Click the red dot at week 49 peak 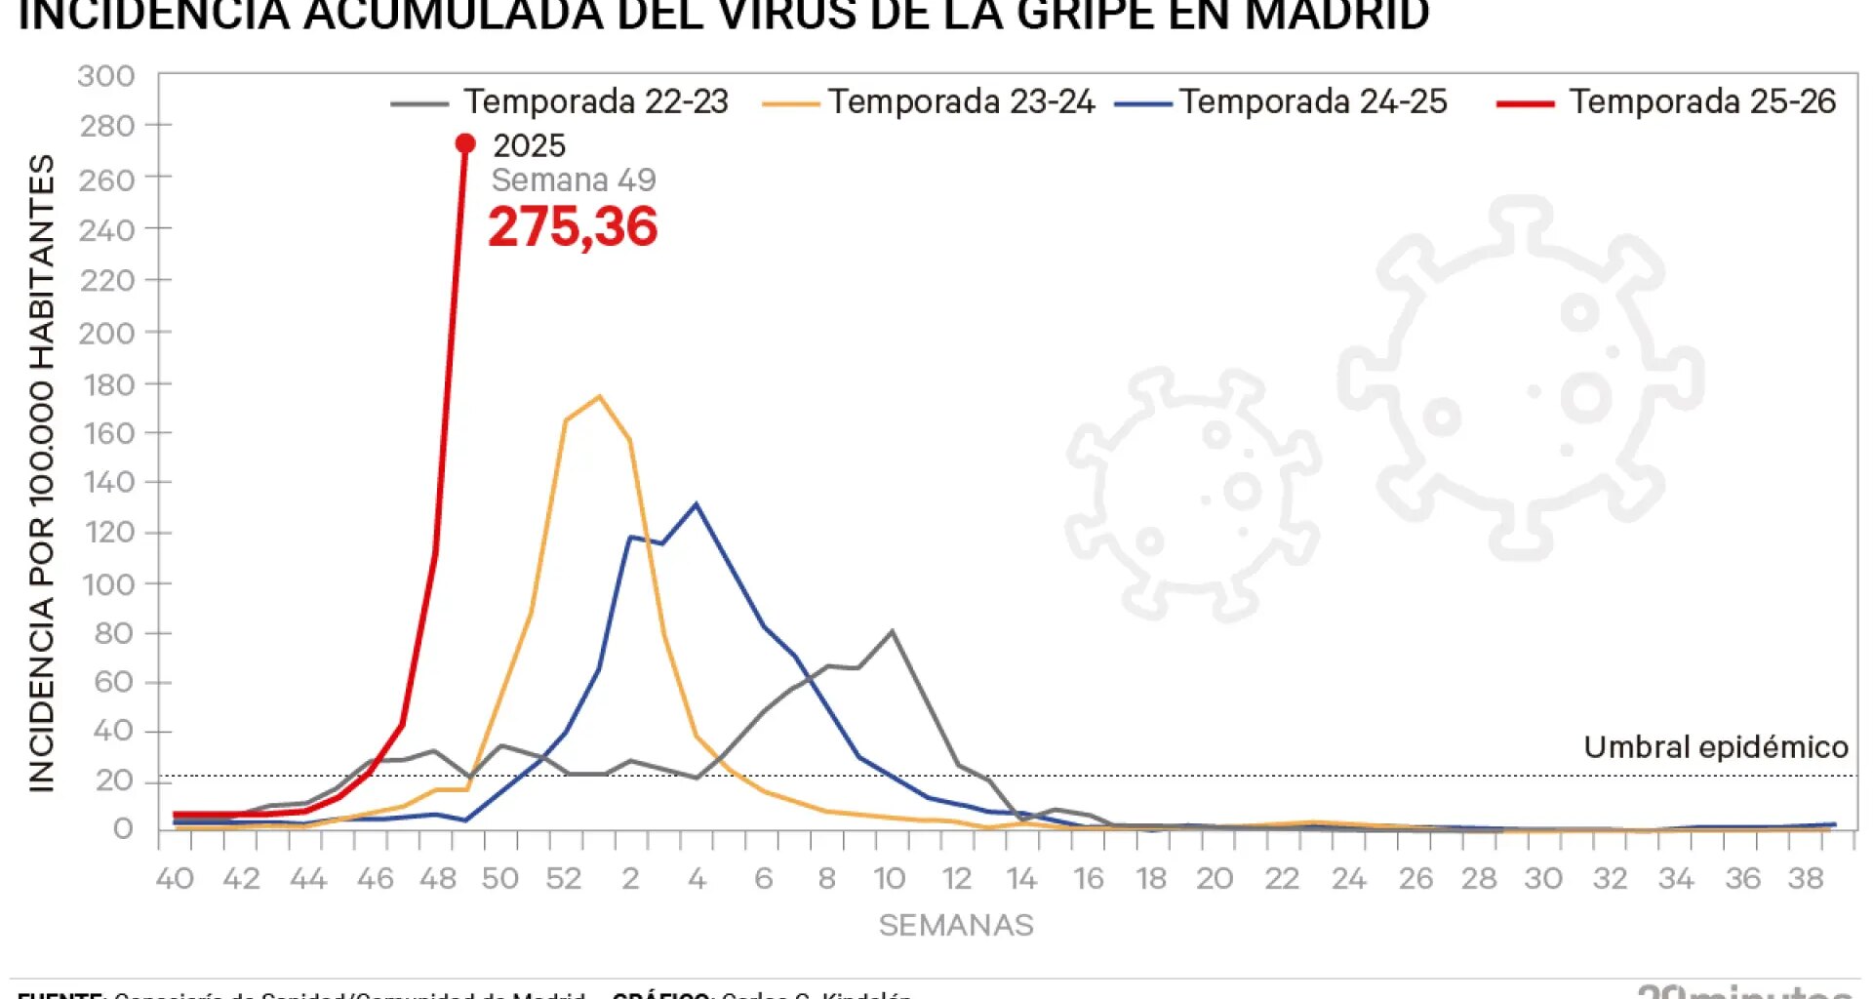(x=465, y=143)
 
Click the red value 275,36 (x=573, y=226)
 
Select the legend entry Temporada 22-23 (x=595, y=101)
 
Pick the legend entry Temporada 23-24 (x=961, y=101)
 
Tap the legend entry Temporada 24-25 (x=1312, y=101)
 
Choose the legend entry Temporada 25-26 (x=1701, y=101)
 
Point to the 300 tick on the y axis (x=106, y=76)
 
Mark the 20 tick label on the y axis (x=114, y=780)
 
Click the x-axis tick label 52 (x=564, y=879)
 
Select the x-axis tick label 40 (x=175, y=879)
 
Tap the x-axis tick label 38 (x=1806, y=879)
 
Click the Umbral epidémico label (x=1715, y=747)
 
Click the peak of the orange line (x=598, y=396)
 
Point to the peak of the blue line (x=696, y=504)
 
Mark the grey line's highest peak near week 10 (x=892, y=631)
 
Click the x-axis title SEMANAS (x=955, y=925)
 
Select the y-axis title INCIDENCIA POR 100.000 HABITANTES (x=41, y=473)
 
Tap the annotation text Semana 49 (x=573, y=180)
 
